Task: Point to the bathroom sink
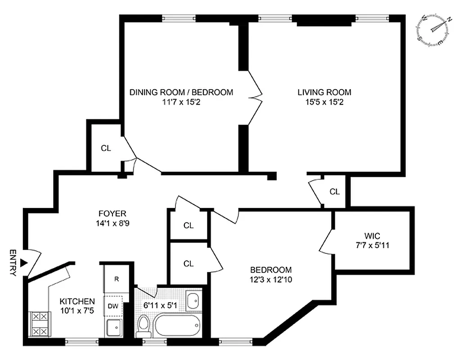point(193,301)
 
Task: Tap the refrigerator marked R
point(116,279)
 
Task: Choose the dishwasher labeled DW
point(113,306)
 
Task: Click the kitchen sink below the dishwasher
point(113,328)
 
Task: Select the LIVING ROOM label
point(324,92)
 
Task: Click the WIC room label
point(373,235)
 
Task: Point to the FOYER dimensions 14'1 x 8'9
point(112,222)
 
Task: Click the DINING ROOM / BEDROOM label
point(181,92)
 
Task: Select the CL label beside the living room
point(334,191)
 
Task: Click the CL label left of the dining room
point(106,148)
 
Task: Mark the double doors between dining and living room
point(255,97)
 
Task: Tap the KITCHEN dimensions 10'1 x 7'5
point(77,310)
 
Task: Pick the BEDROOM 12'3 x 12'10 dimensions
point(271,279)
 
